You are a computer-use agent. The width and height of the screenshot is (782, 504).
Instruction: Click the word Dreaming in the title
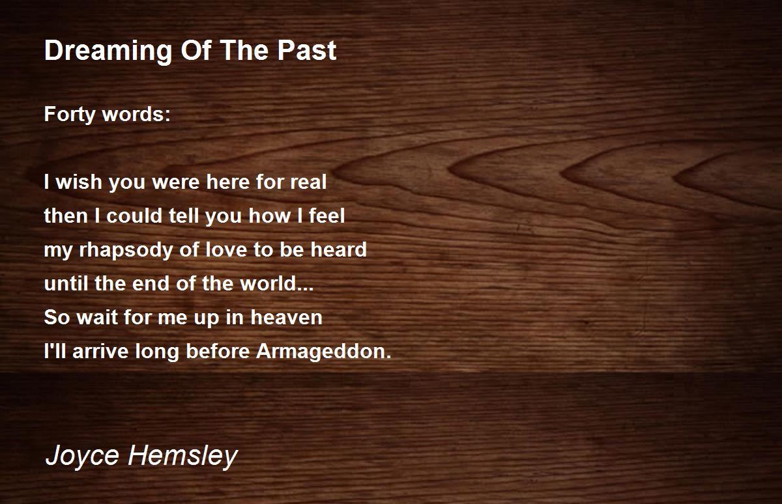click(x=108, y=51)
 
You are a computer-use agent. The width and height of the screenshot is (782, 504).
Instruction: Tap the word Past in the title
click(x=307, y=51)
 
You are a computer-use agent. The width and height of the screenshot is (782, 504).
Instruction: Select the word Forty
click(x=70, y=115)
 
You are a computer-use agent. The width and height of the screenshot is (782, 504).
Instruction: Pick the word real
click(x=309, y=182)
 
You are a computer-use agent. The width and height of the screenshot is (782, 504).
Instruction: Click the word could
click(x=134, y=216)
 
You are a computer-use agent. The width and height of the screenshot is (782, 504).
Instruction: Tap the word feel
click(x=326, y=216)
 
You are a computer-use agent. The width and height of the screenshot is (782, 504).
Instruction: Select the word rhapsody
click(x=126, y=251)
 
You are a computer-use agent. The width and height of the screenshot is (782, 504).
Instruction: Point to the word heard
click(x=339, y=249)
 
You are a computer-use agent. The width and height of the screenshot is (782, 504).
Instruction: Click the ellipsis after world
click(x=306, y=288)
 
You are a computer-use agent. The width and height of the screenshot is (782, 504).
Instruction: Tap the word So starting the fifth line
click(x=57, y=317)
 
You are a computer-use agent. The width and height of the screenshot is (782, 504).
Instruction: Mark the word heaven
click(x=286, y=317)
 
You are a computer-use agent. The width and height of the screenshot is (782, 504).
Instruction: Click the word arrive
click(x=100, y=351)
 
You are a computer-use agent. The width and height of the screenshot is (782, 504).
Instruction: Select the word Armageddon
click(x=324, y=352)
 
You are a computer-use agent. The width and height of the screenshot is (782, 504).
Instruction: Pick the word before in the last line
click(x=218, y=351)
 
